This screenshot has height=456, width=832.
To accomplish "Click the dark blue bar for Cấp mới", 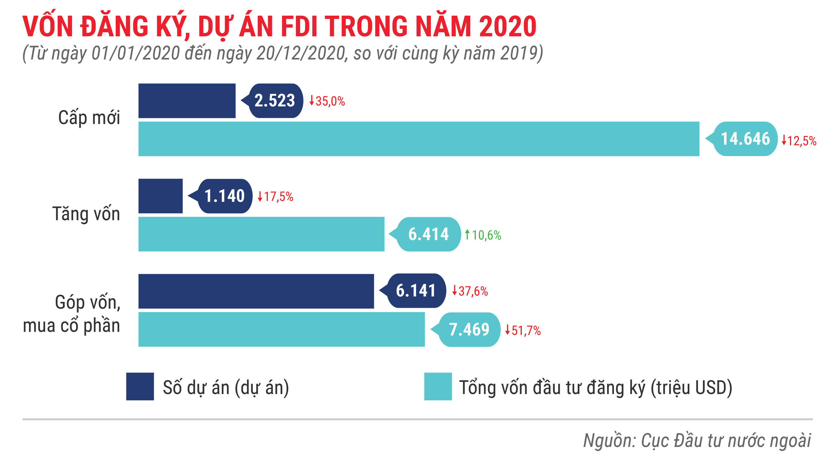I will point(187,101).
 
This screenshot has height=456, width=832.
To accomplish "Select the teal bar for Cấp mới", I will point(419,139).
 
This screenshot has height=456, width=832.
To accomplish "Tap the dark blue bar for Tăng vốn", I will point(161,196).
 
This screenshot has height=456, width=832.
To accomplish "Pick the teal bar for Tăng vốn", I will point(261,234).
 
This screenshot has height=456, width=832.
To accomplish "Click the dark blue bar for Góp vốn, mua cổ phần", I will point(256,291).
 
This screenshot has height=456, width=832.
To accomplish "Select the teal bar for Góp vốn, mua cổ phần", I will point(281,329).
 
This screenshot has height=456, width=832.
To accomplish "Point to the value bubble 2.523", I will point(275,101).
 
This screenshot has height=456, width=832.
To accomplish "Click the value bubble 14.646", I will point(745,139).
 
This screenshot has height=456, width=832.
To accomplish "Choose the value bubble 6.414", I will point(428,234).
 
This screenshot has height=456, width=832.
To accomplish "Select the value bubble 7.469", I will point(469,329).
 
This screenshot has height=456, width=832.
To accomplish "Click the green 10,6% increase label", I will point(483,235).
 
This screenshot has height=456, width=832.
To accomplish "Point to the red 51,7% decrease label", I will point(523,330).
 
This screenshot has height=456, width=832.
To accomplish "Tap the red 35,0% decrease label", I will point(327,101).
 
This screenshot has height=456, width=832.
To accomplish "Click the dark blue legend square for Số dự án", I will point(140,386).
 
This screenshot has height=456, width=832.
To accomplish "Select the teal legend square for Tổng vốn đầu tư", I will point(438,386).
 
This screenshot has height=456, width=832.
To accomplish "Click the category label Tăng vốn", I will point(86,214).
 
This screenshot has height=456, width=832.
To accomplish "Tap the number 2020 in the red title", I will point(507,27).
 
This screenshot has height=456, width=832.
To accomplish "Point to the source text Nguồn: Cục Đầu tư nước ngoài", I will point(697,441).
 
